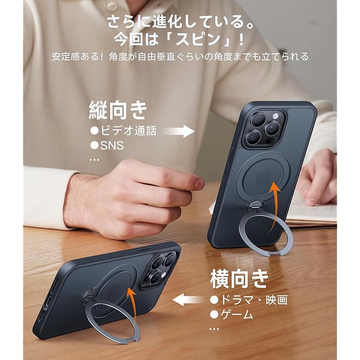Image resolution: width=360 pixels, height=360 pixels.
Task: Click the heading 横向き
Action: [239, 279]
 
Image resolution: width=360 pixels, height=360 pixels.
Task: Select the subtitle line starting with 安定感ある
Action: [180, 57]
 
